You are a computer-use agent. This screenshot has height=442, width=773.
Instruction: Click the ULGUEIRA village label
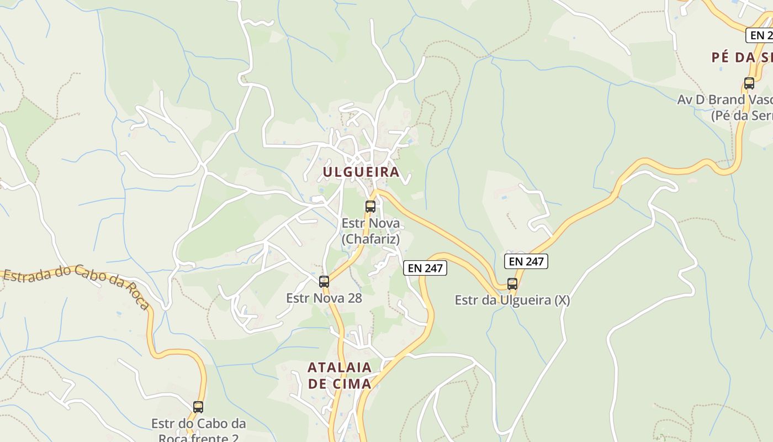tap(361, 172)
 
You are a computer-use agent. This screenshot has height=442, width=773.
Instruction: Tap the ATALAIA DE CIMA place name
tap(340, 375)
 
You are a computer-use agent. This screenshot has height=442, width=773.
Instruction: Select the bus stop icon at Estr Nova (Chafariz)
tap(370, 207)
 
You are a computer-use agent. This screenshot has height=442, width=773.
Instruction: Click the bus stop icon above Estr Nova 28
tap(324, 282)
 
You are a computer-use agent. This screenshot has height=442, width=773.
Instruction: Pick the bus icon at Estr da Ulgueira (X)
tap(512, 284)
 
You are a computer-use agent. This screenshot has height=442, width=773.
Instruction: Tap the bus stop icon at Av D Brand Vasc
tap(749, 83)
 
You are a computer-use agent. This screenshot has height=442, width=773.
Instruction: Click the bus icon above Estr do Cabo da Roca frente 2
tap(198, 407)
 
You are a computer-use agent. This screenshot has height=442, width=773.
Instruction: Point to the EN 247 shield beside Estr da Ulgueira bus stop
tap(526, 261)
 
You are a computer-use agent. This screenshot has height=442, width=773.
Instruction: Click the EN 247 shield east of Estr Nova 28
tap(425, 269)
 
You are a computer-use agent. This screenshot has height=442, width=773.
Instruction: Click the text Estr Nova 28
tap(324, 298)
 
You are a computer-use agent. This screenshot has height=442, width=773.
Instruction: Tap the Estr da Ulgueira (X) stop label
tap(512, 301)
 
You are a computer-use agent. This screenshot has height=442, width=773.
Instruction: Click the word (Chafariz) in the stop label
tap(370, 239)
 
